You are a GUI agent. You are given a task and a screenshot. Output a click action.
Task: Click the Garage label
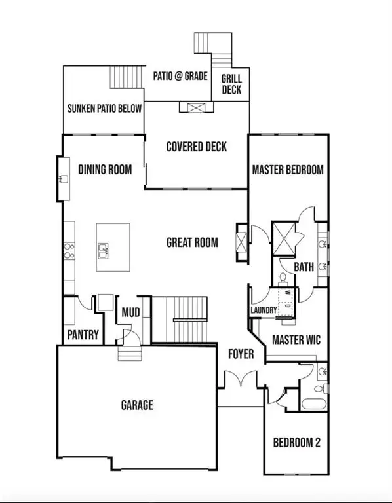tap(137, 405)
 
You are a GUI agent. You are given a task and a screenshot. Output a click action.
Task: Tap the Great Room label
tap(192, 243)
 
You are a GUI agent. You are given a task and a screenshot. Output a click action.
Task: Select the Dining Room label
tap(105, 169)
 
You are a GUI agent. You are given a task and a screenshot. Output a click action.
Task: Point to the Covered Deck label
tap(196, 147)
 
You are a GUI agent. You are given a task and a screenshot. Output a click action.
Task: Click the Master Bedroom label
tap(288, 170)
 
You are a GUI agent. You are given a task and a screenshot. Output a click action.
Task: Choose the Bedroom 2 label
tap(296, 443)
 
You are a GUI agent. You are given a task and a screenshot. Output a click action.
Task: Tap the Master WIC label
tap(296, 340)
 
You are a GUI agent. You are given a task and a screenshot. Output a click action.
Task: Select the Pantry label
tap(83, 335)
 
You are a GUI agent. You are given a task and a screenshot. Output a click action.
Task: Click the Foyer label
tap(241, 354)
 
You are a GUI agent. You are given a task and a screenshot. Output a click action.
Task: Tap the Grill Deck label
tap(231, 83)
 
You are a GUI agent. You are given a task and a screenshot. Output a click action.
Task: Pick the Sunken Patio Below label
tap(104, 109)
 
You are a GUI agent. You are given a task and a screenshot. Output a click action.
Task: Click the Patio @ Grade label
tap(180, 76)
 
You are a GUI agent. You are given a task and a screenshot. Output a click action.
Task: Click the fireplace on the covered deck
tap(196, 109)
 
